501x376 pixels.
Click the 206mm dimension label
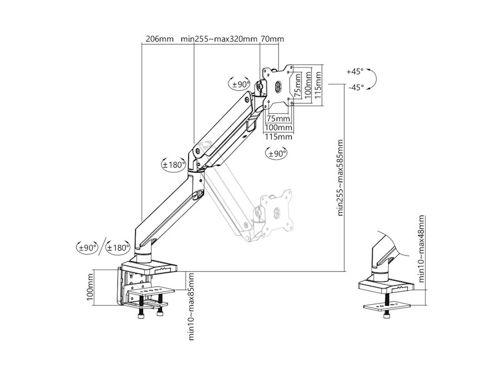pyautogui.click(x=159, y=39)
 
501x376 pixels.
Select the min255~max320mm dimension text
pyautogui.click(x=219, y=39)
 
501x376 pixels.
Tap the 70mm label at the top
pyautogui.click(x=273, y=39)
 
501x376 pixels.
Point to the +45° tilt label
pyautogui.click(x=355, y=72)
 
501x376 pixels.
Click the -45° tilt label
pyautogui.click(x=356, y=87)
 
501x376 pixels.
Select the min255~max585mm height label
pyautogui.click(x=340, y=178)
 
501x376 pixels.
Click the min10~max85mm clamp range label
pyautogui.click(x=191, y=306)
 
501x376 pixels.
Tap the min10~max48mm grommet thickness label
pyautogui.click(x=422, y=249)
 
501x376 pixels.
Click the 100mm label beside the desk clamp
pyautogui.click(x=90, y=287)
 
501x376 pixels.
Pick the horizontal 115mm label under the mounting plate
pyautogui.click(x=279, y=136)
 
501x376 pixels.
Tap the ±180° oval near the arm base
pyautogui.click(x=118, y=247)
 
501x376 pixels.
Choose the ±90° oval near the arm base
pyautogui.click(x=87, y=247)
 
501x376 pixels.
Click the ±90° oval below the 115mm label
pyautogui.click(x=276, y=154)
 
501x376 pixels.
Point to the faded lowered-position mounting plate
pyautogui.click(x=276, y=210)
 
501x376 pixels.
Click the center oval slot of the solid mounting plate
pyautogui.click(x=278, y=86)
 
